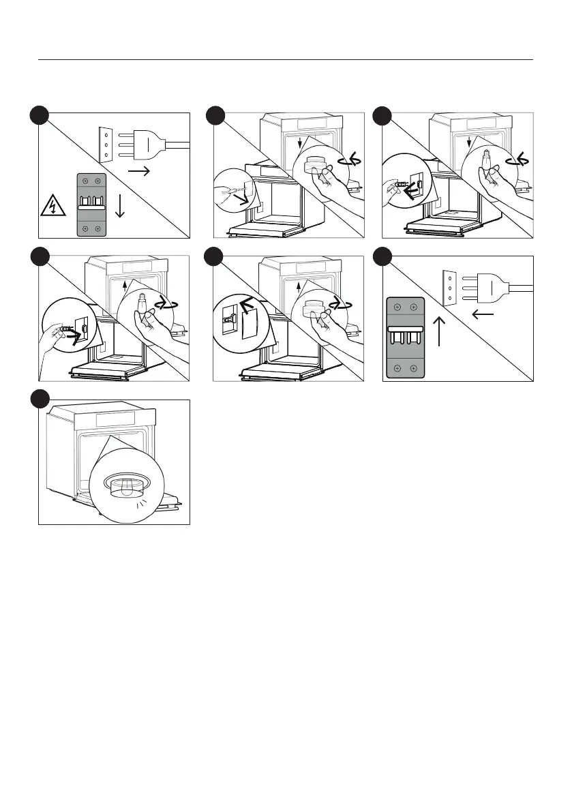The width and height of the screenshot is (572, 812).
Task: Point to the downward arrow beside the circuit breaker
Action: pos(121,204)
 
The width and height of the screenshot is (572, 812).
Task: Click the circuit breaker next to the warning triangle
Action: pos(91,203)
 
